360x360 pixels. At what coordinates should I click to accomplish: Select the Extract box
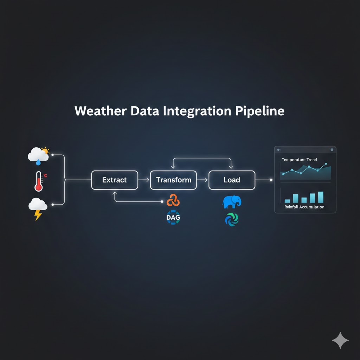click(114, 180)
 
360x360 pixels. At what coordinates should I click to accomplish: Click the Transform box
click(174, 180)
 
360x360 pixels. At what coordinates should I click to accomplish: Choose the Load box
click(232, 180)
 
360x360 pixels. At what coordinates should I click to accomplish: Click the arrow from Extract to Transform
click(144, 180)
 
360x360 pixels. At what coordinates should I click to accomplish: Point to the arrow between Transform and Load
click(202, 180)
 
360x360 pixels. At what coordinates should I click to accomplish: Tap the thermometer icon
click(39, 181)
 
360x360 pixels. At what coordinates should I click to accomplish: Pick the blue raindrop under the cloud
click(38, 162)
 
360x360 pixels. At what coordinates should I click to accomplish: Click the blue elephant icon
click(232, 202)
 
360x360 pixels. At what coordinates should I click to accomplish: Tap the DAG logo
click(173, 218)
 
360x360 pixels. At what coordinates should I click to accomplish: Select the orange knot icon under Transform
click(173, 200)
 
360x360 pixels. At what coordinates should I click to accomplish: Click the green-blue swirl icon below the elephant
click(232, 219)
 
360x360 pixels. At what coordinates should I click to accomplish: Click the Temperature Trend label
click(299, 160)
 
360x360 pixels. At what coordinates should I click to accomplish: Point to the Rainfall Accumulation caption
click(304, 207)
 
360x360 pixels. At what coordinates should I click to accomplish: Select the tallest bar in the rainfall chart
click(320, 197)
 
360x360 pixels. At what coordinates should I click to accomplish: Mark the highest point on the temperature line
click(326, 164)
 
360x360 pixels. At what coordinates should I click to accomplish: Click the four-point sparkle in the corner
click(340, 340)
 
